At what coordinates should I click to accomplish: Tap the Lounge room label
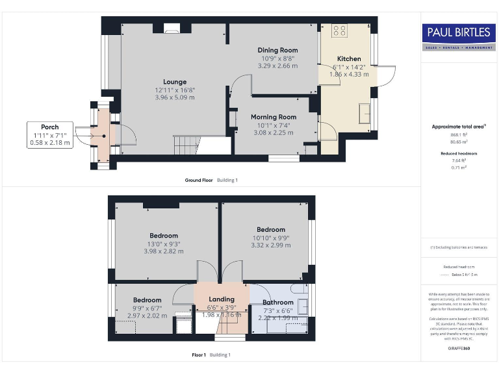pos(175,81)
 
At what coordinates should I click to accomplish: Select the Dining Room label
pos(277,50)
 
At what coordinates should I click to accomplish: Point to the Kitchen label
pos(349,58)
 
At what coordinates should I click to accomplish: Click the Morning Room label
pos(274,117)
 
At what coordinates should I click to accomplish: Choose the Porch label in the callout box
pos(50,127)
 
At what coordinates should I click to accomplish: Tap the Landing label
pos(222,299)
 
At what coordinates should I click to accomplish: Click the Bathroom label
pos(278,303)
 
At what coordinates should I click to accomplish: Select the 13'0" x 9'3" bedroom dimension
pos(164,244)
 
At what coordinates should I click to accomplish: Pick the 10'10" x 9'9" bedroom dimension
pos(270,238)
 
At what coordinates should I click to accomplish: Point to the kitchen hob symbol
pos(339,30)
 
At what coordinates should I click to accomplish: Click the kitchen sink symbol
pos(364,108)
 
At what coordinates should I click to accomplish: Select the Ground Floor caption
pos(199,180)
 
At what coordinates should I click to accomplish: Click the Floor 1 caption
pos(198,355)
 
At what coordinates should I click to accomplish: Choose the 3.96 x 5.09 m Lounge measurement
pos(175,97)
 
